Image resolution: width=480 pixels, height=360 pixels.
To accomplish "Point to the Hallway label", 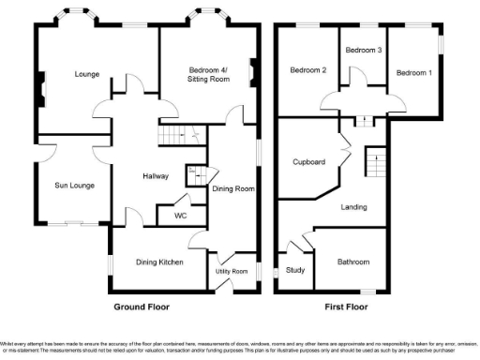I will [155, 175].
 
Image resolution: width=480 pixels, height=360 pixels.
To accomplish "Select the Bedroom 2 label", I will [307, 70].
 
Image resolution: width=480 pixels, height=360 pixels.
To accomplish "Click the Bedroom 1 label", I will [413, 73].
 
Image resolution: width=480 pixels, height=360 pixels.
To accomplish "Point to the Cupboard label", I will [308, 162].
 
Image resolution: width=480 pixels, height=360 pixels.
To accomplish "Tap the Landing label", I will [353, 207].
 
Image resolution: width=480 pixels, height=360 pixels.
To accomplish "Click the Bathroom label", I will [352, 262].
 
